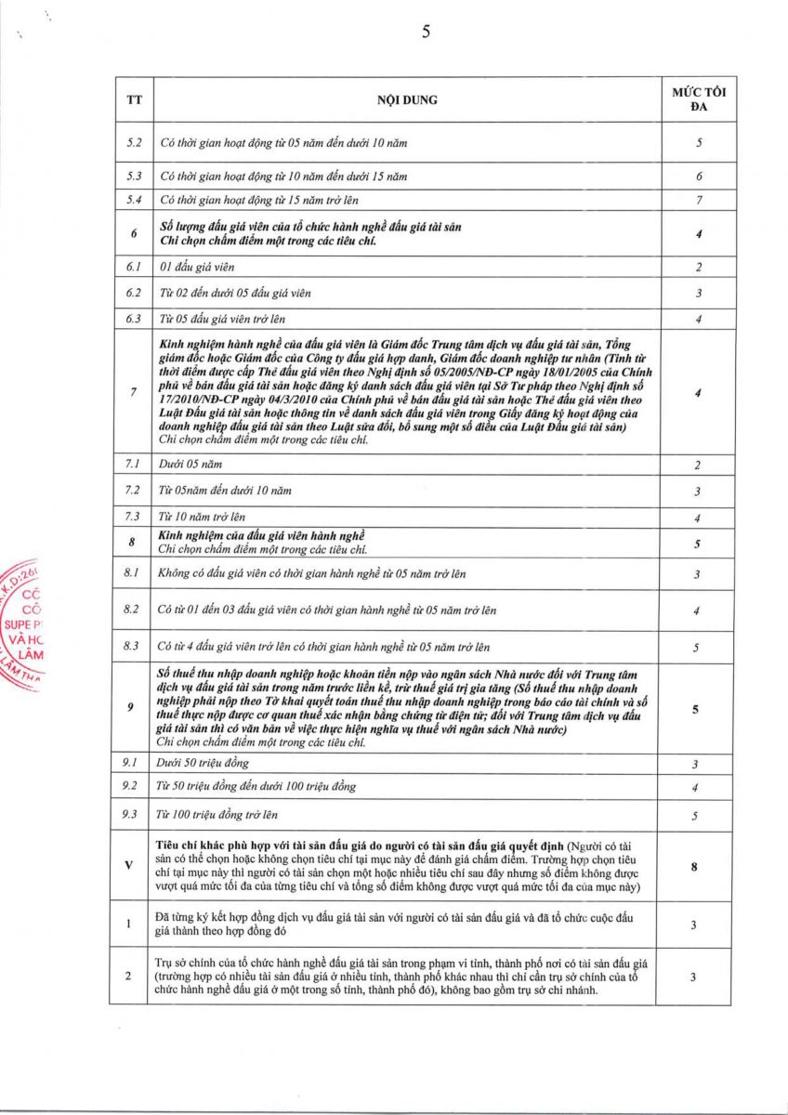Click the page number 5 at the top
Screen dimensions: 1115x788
click(x=426, y=32)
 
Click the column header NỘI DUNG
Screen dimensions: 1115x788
click(x=407, y=99)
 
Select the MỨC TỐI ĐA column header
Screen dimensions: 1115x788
click(x=698, y=99)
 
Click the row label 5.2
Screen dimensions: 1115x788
click(x=133, y=143)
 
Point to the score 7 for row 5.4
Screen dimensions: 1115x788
click(x=698, y=200)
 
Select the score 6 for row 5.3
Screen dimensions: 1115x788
click(x=698, y=176)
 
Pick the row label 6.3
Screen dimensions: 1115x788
click(x=133, y=320)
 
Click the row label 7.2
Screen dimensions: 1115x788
click(x=133, y=490)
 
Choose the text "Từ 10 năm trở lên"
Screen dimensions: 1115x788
click(x=203, y=516)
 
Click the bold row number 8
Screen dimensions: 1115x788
click(x=133, y=543)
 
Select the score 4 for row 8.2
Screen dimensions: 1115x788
click(x=698, y=610)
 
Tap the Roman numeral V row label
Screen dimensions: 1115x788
click(x=129, y=865)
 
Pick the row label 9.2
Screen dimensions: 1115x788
click(x=131, y=787)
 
